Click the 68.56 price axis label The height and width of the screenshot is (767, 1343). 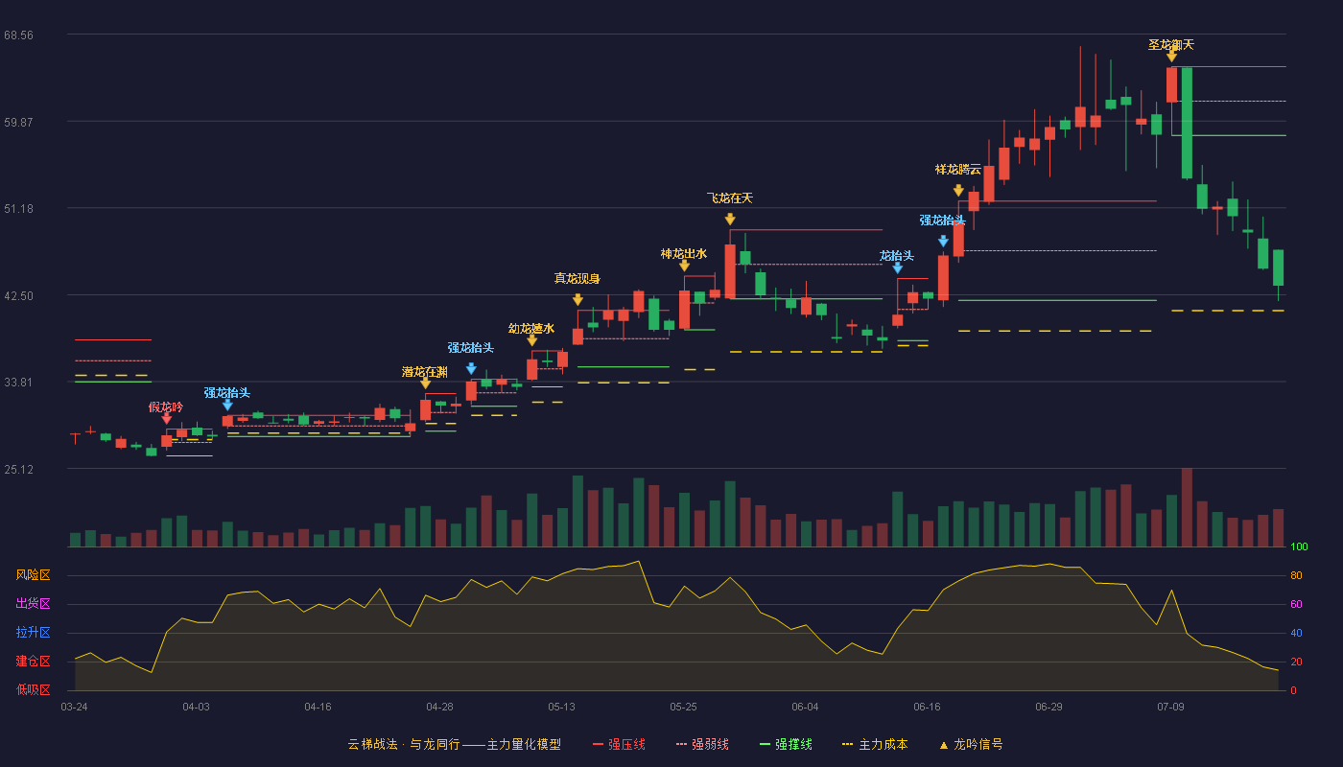coord(18,35)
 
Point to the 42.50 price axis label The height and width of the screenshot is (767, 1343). coord(18,296)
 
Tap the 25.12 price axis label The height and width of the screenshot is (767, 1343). coord(18,469)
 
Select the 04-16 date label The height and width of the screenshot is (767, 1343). coord(318,708)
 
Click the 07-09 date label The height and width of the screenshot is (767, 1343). coord(1170,708)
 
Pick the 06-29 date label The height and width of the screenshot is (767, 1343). coord(1048,708)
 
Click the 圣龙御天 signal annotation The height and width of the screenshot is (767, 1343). coord(1171,45)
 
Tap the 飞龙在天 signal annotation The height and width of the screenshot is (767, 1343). coord(730,198)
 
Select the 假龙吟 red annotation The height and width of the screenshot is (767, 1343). coord(166,407)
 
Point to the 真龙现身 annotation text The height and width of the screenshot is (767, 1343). coord(577,279)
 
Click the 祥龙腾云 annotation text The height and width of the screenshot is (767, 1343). coord(958,170)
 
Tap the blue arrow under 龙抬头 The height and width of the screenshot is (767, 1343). coord(898,268)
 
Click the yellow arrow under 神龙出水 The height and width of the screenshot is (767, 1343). coord(684,266)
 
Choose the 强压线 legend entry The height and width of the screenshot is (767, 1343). coord(619,744)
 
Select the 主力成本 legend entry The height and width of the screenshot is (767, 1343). coord(875,744)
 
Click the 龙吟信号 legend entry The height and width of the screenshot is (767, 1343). coord(971,744)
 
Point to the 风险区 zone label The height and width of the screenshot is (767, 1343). coord(33,575)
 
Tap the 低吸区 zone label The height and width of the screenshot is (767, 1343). coord(33,690)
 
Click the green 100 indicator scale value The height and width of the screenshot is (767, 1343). coord(1299,546)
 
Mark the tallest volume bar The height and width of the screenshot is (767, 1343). coord(1187,507)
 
